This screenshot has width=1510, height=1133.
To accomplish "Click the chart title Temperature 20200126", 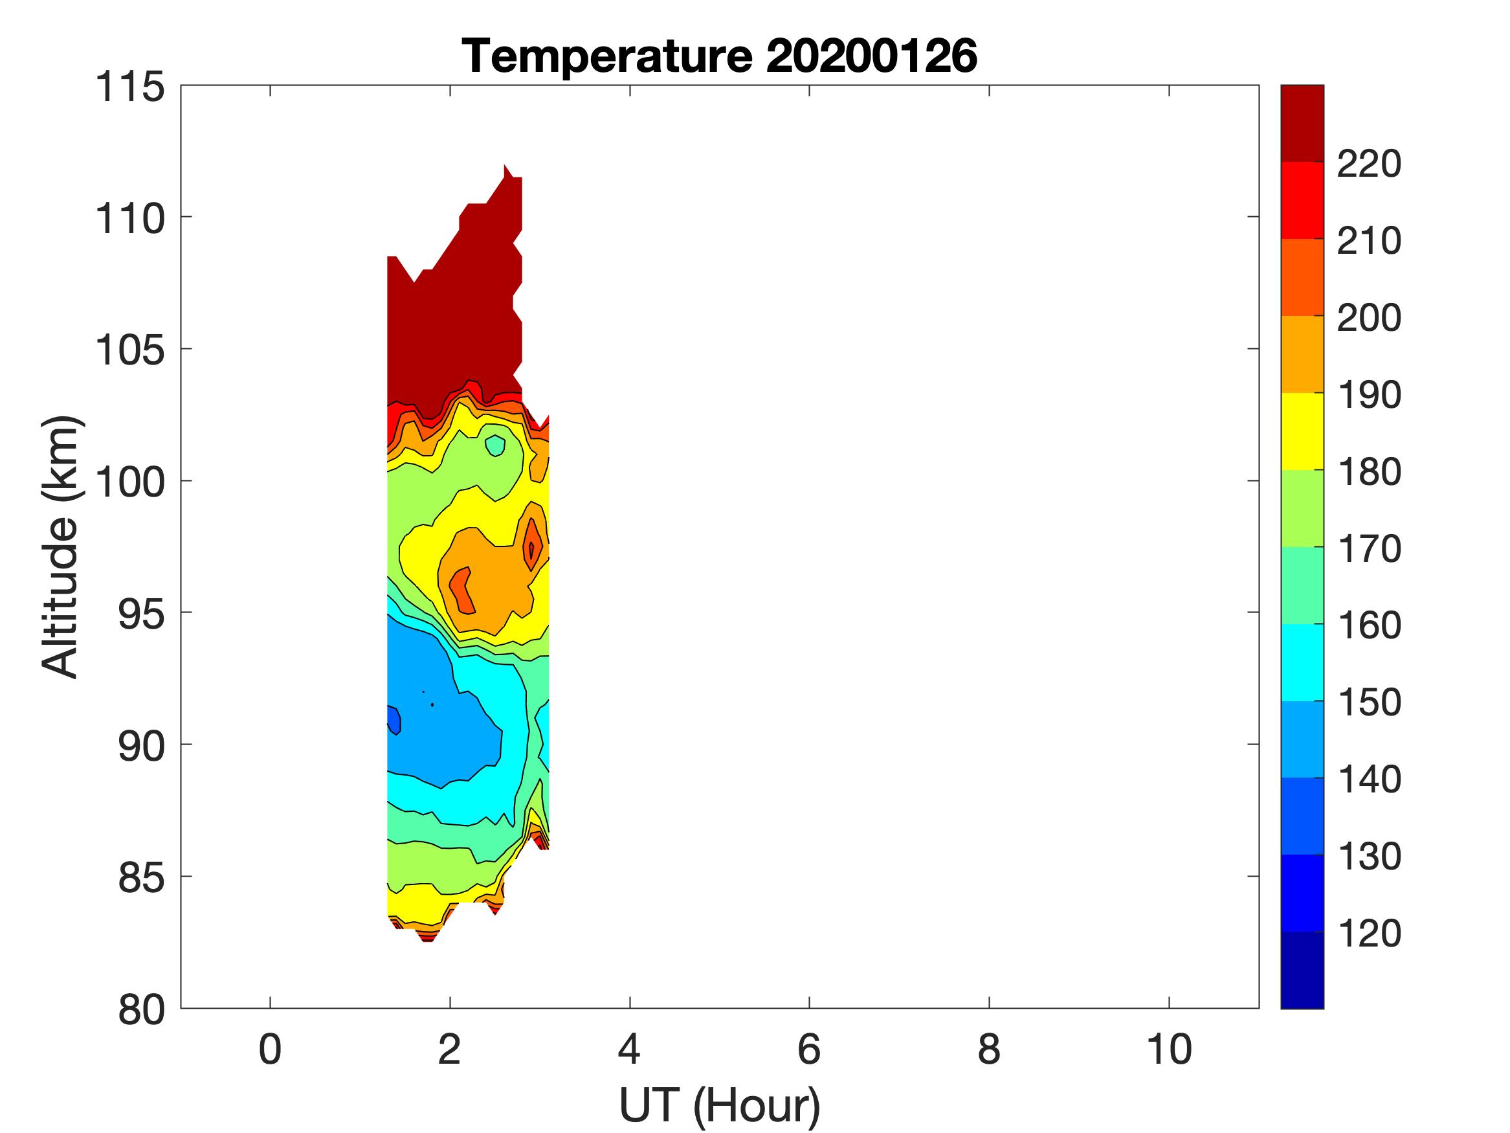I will (720, 56).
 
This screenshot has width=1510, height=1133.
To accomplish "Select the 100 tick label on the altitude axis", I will (129, 482).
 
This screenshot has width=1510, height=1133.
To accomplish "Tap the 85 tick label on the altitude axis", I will (141, 877).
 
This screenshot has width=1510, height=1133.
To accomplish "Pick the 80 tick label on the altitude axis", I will (141, 1009).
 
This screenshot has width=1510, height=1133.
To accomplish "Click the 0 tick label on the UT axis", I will (271, 1049).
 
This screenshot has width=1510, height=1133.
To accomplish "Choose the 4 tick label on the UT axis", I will (629, 1049).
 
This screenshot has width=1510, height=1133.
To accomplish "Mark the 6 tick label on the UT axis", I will (809, 1049).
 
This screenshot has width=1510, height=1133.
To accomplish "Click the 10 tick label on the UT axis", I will (1169, 1049).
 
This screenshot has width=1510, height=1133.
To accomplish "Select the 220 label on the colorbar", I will (1369, 164).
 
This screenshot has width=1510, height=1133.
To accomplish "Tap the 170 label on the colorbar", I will (1369, 548).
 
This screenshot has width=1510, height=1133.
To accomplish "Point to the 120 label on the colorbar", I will (1369, 933).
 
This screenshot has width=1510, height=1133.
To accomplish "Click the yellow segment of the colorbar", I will (1302, 431).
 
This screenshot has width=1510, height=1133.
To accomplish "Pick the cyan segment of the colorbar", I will (1302, 662).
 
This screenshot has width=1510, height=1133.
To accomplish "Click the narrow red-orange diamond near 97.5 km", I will (532, 544).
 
